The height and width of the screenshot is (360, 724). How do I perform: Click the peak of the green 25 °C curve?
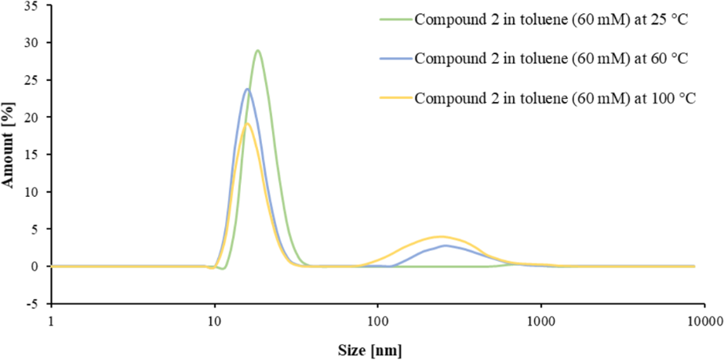point(257,51)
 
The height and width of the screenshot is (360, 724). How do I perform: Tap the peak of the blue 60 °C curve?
point(247,89)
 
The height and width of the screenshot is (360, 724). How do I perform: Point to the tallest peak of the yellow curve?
point(246,123)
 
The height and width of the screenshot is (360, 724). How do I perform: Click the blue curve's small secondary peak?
point(445,245)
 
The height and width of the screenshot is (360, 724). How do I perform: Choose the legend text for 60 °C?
point(551,59)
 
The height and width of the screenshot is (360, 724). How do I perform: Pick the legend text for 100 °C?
point(554,98)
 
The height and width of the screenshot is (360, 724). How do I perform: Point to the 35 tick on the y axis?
point(32,5)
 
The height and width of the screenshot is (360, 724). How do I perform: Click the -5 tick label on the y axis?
point(32,304)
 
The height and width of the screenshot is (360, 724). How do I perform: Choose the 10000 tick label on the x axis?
point(701,322)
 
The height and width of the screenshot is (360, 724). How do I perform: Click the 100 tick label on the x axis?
point(378,322)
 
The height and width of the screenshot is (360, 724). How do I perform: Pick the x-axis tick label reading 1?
point(51,322)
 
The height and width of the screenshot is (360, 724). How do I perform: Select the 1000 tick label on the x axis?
point(540,322)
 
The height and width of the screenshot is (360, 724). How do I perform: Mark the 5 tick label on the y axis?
point(35,230)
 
